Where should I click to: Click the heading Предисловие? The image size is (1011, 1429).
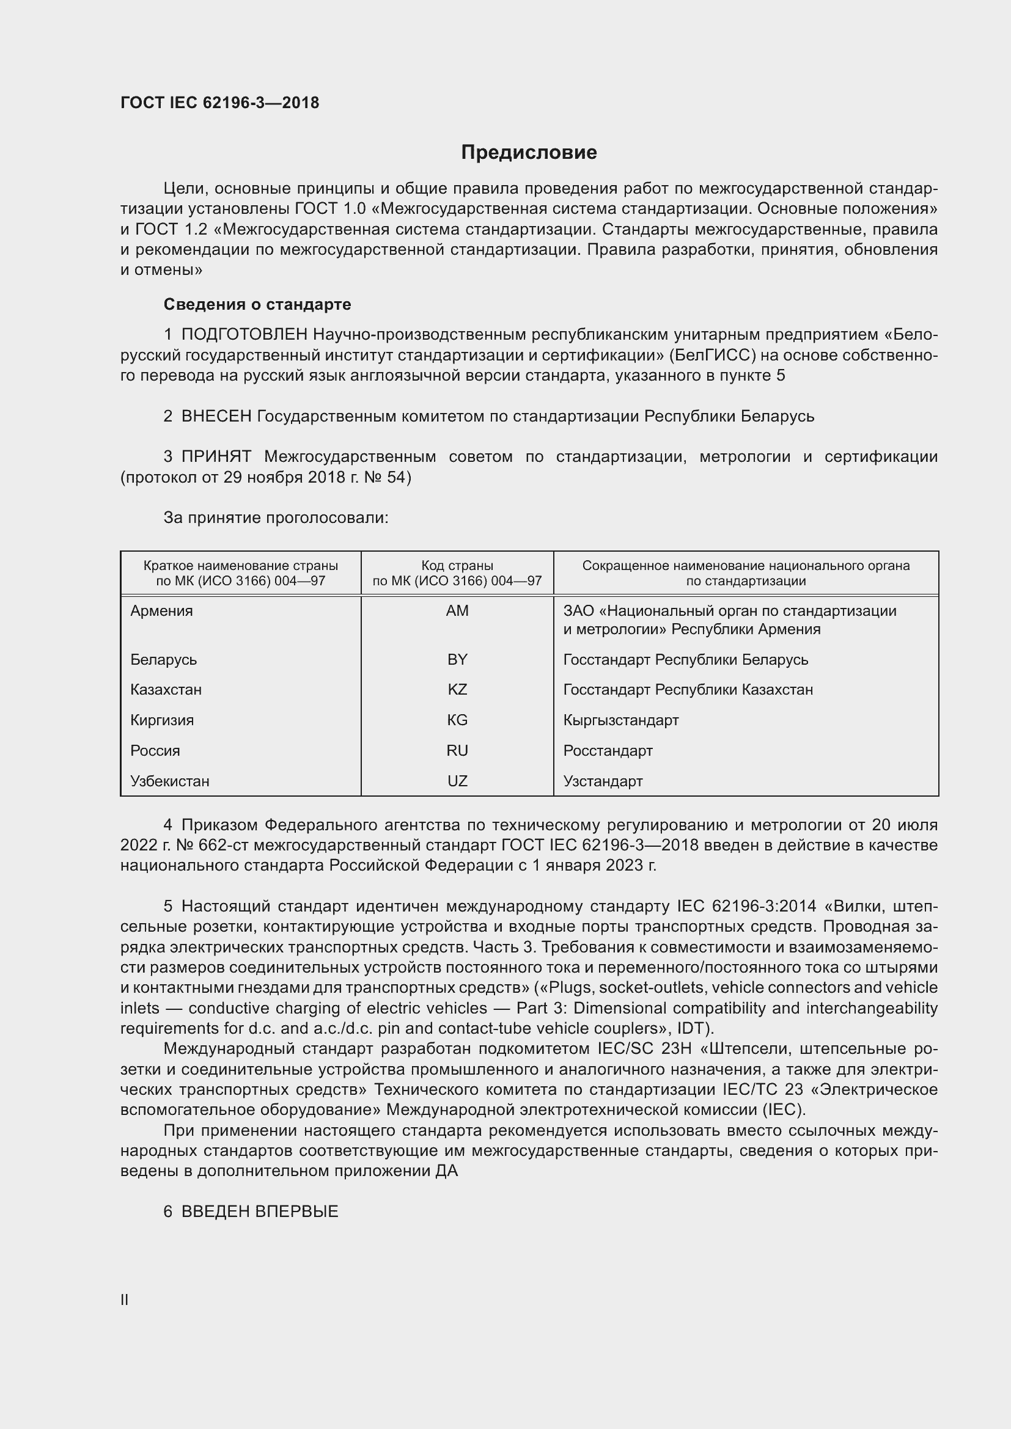(x=529, y=153)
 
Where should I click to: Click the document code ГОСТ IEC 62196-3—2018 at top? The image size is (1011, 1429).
(x=219, y=103)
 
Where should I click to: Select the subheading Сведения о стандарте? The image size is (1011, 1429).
(x=257, y=304)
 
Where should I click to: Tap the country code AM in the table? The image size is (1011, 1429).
(x=457, y=610)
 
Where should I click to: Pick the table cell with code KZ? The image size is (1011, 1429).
(x=457, y=690)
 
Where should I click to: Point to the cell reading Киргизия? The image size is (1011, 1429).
(x=162, y=720)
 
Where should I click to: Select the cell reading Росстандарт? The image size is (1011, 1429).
(x=608, y=751)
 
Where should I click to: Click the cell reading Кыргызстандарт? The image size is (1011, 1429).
(x=620, y=720)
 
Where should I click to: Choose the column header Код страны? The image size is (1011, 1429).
(x=457, y=566)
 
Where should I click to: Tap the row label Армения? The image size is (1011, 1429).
(x=161, y=610)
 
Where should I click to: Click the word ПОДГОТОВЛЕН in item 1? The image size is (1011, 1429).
(x=244, y=335)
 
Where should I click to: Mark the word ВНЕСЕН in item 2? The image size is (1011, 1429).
(x=216, y=416)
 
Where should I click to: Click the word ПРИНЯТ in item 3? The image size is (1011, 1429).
(x=216, y=457)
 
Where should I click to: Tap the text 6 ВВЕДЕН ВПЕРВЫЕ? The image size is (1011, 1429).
(x=251, y=1211)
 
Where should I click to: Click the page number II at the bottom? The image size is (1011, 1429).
(x=125, y=1299)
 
